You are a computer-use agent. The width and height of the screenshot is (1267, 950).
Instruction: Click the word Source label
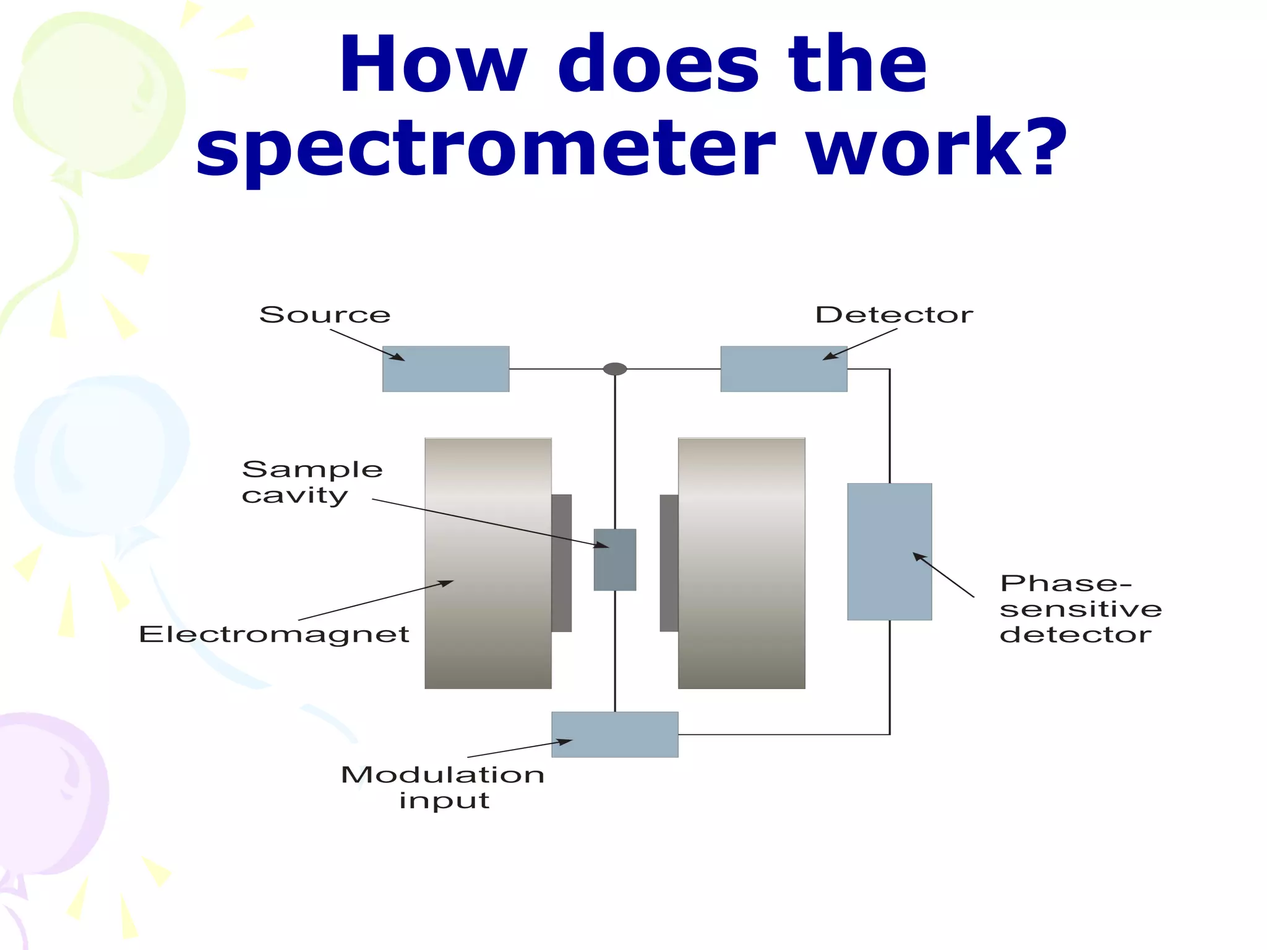pos(325,315)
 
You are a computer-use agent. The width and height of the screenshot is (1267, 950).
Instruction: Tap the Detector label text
pos(894,315)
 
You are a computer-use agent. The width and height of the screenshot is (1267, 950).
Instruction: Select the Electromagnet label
pos(274,635)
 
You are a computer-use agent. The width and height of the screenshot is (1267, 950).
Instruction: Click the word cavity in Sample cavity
pos(294,496)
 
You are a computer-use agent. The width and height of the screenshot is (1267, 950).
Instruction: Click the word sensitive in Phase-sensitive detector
pos(1081,610)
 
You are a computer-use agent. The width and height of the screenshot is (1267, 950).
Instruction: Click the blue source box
pos(445,369)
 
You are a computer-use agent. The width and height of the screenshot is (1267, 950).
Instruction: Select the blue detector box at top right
pos(783,369)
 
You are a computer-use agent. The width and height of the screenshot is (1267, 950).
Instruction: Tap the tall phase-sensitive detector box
pos(889,551)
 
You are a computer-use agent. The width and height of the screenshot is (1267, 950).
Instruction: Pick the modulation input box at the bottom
pos(614,734)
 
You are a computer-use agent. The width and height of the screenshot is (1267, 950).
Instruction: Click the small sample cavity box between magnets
pos(614,560)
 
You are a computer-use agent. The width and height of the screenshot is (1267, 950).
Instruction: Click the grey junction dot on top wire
pos(614,369)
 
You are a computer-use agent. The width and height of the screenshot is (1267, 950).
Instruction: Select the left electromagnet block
pos(487,563)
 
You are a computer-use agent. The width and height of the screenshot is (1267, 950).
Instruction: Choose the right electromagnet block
pos(741,563)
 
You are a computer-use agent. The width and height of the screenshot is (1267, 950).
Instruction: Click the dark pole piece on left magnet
pos(561,563)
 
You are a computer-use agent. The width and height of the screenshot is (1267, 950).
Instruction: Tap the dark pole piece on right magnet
pos(669,563)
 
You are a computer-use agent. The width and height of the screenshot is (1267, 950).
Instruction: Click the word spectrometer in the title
pos(485,148)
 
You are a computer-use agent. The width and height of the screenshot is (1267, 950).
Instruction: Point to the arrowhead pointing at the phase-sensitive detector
pos(920,557)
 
